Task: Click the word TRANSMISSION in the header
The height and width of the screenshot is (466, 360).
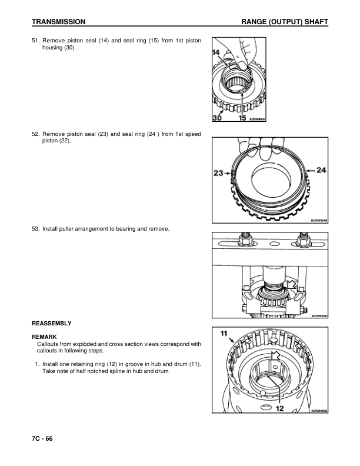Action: click(x=59, y=22)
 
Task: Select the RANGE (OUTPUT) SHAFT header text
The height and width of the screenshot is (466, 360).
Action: click(x=284, y=22)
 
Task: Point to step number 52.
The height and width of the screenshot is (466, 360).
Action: click(x=35, y=134)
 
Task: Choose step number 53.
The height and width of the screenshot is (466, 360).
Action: click(x=35, y=228)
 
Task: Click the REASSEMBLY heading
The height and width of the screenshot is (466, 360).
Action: click(x=52, y=324)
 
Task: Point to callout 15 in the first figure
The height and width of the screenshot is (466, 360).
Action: click(x=242, y=117)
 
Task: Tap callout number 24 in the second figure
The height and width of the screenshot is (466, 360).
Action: click(x=321, y=171)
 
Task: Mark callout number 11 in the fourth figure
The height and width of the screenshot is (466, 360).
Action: click(x=224, y=334)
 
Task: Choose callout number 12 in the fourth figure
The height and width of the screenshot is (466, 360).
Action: click(x=280, y=407)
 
